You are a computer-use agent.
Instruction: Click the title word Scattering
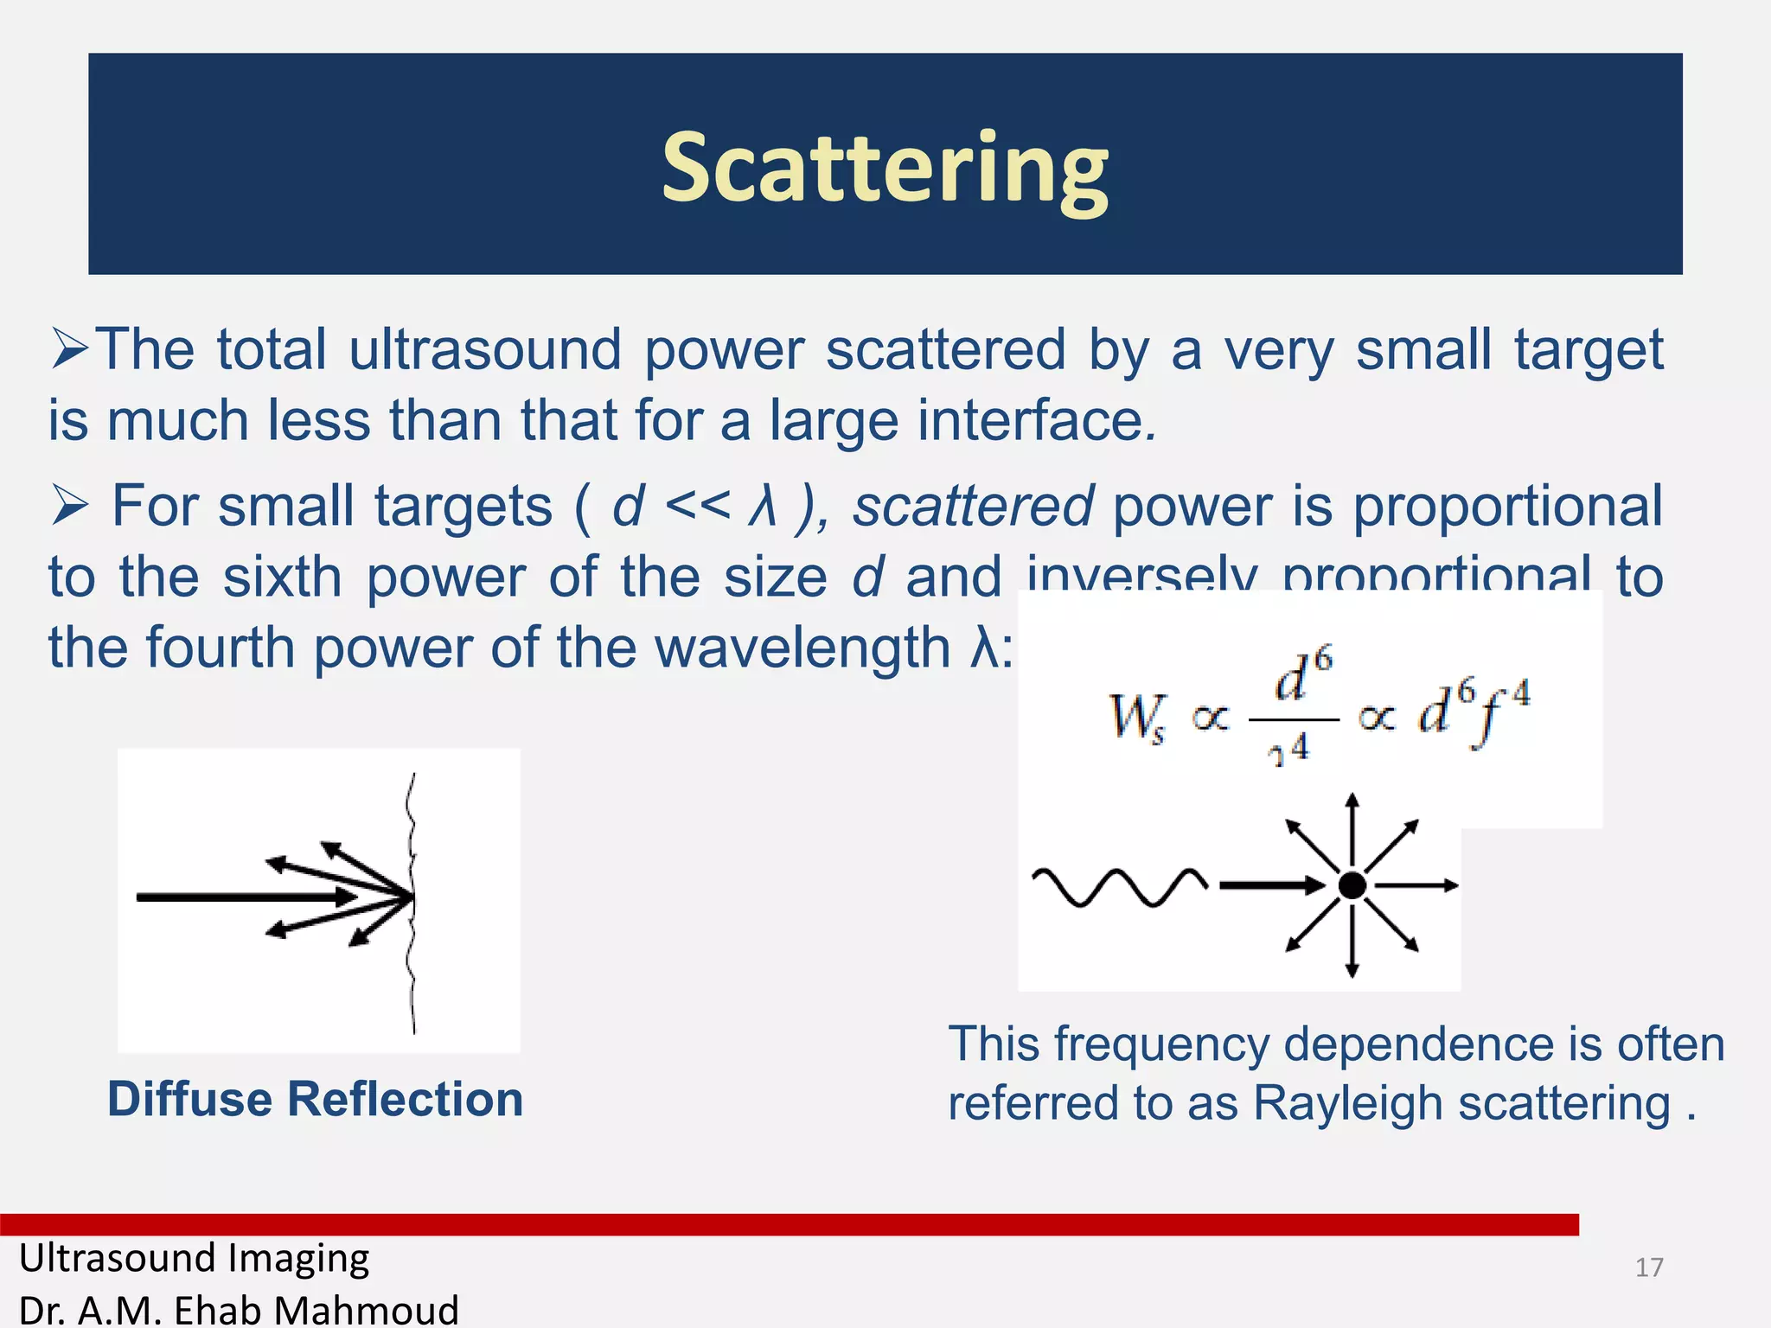(x=885, y=168)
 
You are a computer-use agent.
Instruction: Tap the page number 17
(x=1649, y=1267)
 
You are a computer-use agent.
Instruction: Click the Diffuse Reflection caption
(x=316, y=1099)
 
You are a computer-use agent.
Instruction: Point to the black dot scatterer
(x=1352, y=885)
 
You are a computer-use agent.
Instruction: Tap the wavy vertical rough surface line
(x=412, y=903)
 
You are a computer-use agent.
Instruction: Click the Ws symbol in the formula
(x=1135, y=718)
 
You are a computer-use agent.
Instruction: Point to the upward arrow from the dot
(x=1352, y=826)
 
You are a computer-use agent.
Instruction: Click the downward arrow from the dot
(x=1352, y=947)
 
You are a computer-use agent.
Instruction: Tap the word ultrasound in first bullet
(x=484, y=350)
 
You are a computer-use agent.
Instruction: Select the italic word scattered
(x=973, y=506)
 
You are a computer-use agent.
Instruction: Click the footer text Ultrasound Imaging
(x=195, y=1258)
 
